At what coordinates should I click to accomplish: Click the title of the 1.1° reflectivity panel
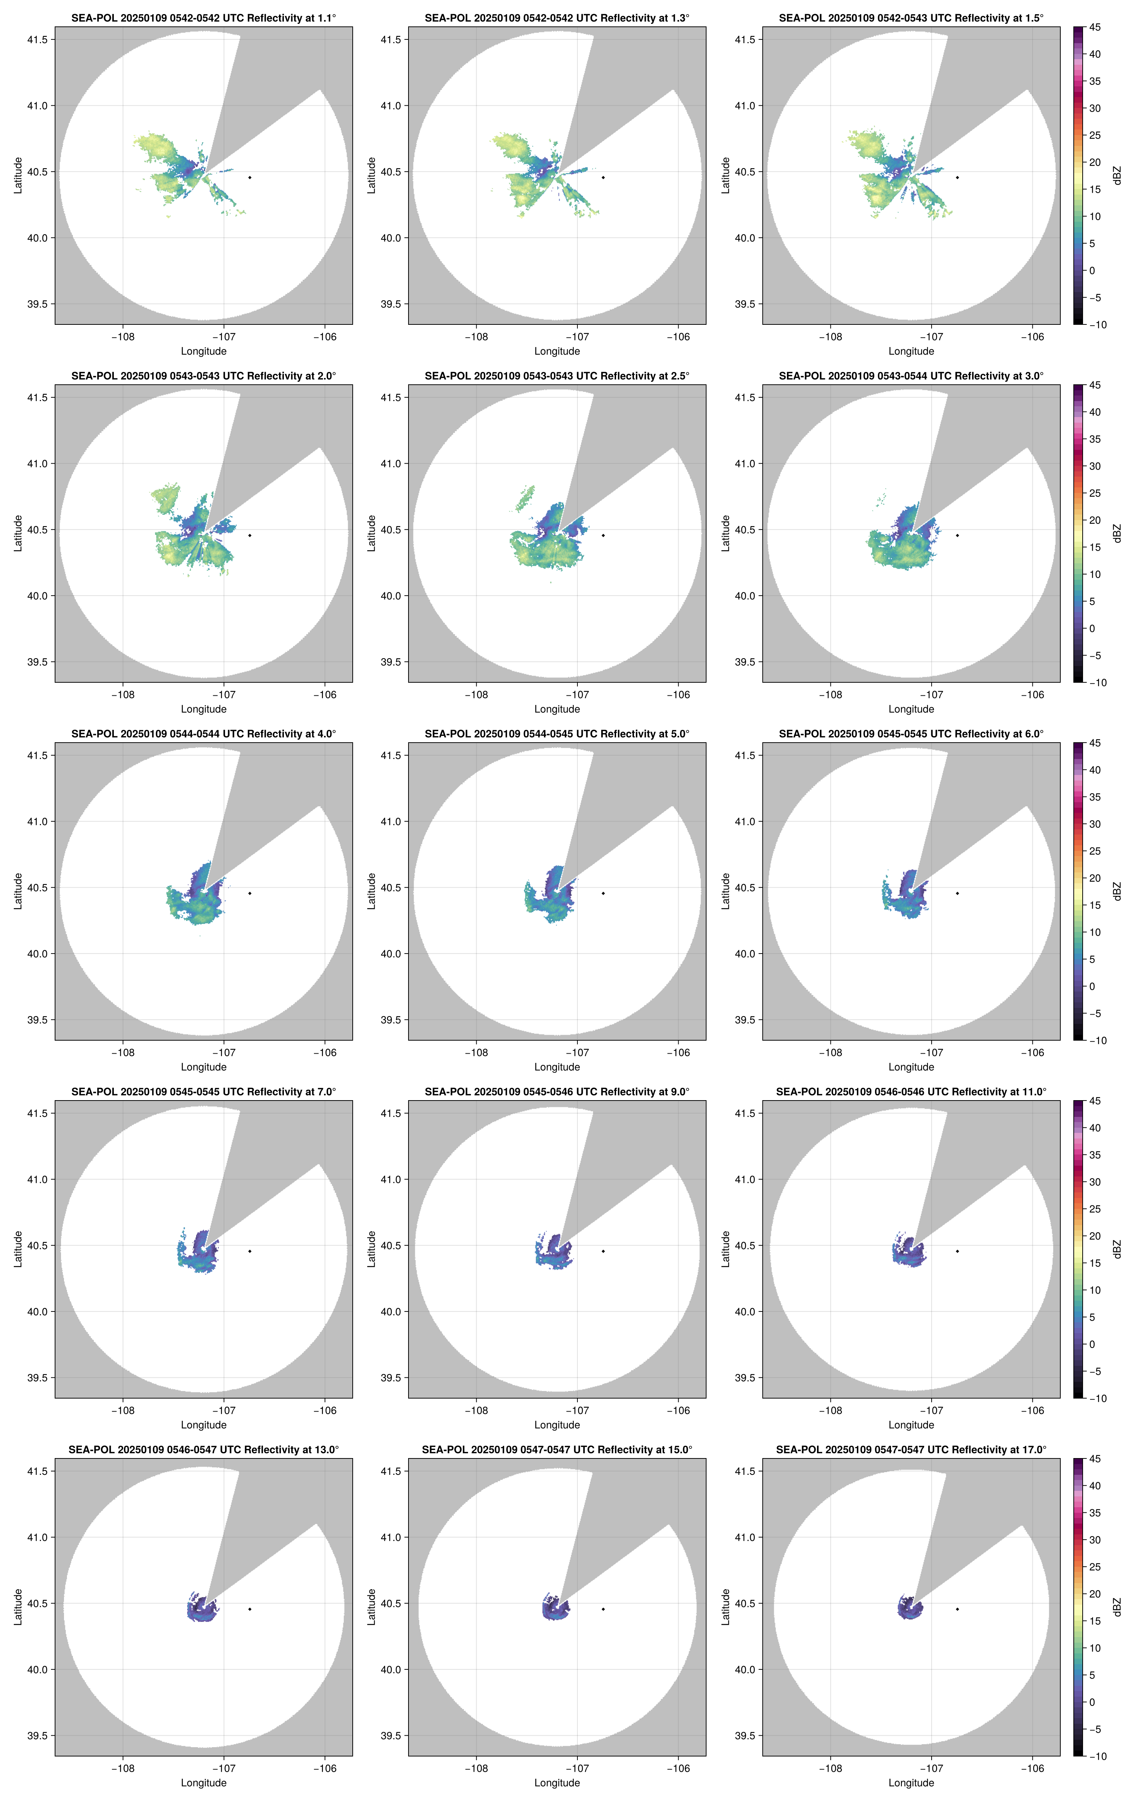pyautogui.click(x=204, y=18)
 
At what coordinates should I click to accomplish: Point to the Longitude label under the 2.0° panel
pyautogui.click(x=204, y=709)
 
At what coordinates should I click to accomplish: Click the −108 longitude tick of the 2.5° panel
pyautogui.click(x=476, y=694)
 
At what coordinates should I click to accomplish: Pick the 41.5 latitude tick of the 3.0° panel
pyautogui.click(x=745, y=397)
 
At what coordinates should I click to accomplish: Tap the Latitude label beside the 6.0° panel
pyautogui.click(x=725, y=891)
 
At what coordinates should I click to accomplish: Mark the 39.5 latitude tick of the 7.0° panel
pyautogui.click(x=37, y=1378)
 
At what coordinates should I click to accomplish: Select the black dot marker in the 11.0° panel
pyautogui.click(x=957, y=1251)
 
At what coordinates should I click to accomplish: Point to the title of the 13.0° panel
pyautogui.click(x=204, y=1450)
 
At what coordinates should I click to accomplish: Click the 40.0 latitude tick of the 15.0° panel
pyautogui.click(x=391, y=1669)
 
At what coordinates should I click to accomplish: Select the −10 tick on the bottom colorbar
pyautogui.click(x=1097, y=1756)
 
